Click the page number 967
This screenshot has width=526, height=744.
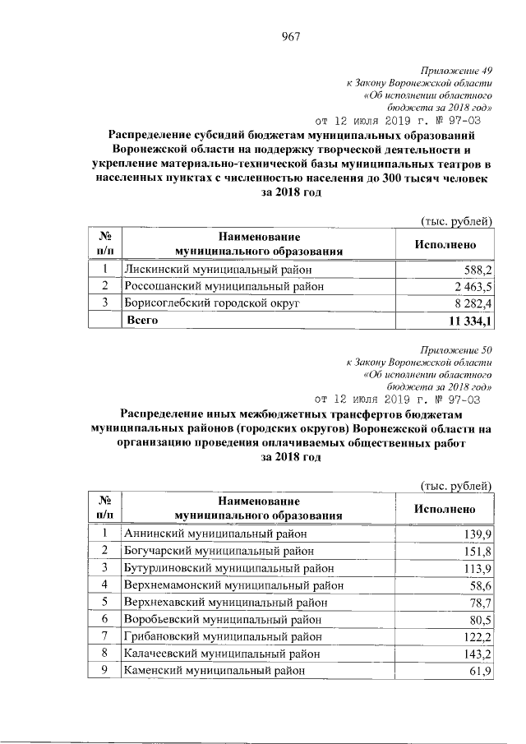(289, 36)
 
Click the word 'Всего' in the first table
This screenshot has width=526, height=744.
(141, 321)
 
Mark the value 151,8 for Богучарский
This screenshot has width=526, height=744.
(477, 551)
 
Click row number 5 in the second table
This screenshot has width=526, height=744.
(105, 602)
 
